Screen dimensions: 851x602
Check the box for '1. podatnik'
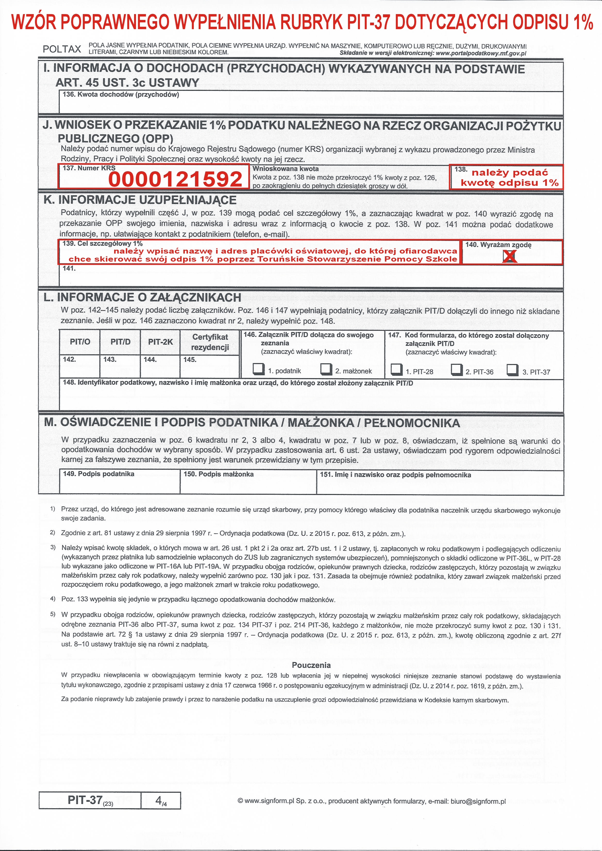(258, 369)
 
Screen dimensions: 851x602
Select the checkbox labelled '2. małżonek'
(326, 369)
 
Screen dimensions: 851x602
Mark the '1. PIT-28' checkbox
(397, 369)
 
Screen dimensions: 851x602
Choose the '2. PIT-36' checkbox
(457, 369)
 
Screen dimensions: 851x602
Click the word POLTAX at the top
(62, 49)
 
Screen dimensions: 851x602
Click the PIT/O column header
(80, 342)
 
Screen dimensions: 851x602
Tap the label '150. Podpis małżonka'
(219, 474)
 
